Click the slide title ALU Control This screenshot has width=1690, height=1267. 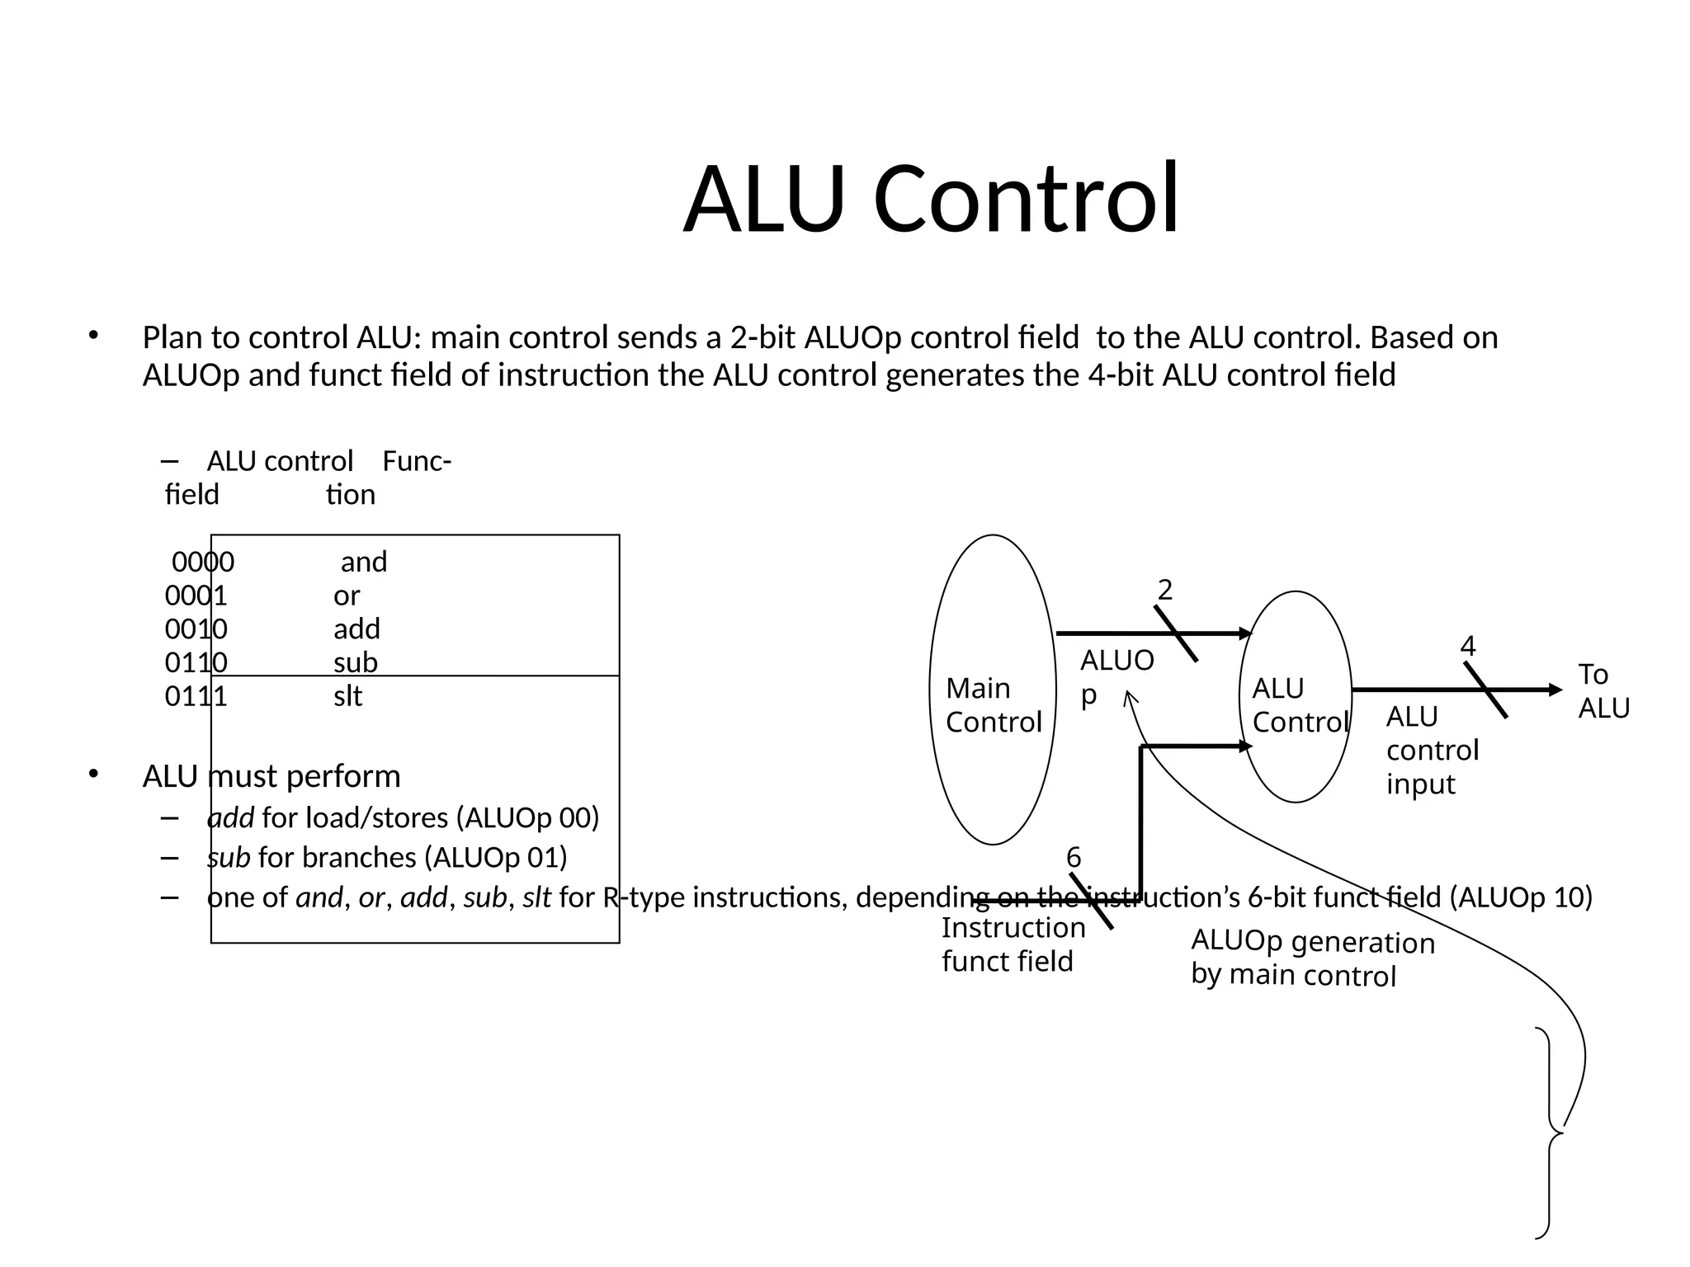(931, 200)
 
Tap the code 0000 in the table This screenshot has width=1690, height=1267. (203, 562)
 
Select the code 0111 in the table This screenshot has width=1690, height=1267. (196, 696)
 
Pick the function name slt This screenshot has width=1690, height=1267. (347, 696)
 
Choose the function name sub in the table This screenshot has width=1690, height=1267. (356, 662)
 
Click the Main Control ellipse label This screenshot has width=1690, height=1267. (994, 705)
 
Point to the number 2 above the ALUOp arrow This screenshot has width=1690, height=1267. (1164, 590)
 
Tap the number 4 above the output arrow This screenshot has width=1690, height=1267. (1467, 646)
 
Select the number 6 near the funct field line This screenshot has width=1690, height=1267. (1073, 858)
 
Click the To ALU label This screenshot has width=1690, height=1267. (1603, 691)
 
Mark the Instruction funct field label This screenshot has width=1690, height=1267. (1013, 944)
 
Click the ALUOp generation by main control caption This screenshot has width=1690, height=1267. (1312, 958)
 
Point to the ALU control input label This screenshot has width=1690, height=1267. (1432, 750)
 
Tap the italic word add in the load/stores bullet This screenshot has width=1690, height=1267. (230, 817)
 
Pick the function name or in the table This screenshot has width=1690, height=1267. (347, 596)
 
